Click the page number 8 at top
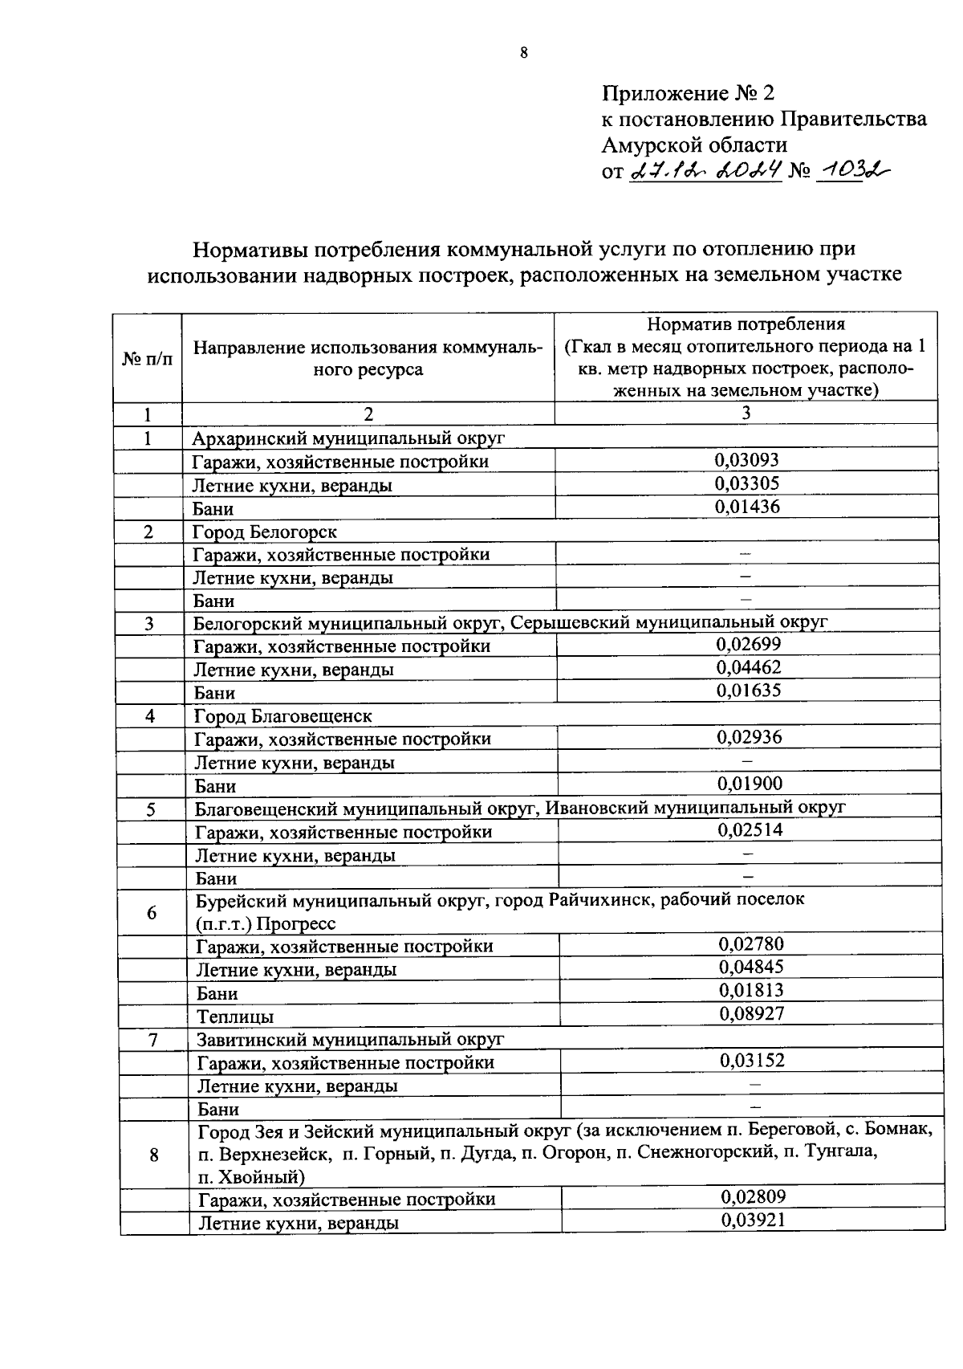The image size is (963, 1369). point(524,54)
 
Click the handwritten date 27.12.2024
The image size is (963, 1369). point(706,170)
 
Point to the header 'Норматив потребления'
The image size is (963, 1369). point(746,324)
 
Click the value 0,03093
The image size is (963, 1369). point(746,460)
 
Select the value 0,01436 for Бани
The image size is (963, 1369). point(746,507)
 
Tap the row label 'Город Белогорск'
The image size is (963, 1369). point(265,532)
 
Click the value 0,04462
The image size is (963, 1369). point(748,667)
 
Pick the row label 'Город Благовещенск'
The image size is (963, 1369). point(283,715)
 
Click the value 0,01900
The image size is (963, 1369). point(750,784)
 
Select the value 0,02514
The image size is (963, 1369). point(750,830)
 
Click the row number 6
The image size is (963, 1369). point(152,913)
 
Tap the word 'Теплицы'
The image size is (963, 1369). point(235,1017)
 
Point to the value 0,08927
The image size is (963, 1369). point(751,1013)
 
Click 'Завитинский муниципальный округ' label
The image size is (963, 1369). point(350,1040)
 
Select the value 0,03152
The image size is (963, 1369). point(752,1061)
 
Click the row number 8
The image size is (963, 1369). point(154,1155)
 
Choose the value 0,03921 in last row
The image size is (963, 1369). point(753,1220)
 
